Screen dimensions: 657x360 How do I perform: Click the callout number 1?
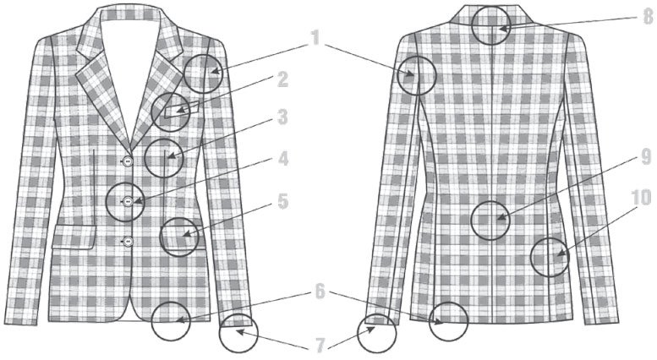[315, 39]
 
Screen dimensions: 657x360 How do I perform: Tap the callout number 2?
[283, 79]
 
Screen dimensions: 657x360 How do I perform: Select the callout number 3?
[283, 117]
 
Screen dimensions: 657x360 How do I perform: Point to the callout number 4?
[283, 159]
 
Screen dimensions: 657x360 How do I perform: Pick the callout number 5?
[283, 201]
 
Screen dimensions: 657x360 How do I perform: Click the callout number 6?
[320, 292]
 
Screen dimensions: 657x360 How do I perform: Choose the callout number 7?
[320, 346]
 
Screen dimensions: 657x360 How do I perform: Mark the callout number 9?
[646, 157]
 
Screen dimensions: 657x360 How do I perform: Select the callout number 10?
[642, 197]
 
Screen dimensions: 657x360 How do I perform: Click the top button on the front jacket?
[128, 161]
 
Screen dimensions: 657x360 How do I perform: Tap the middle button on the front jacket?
[128, 202]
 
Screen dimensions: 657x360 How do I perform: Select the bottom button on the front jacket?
[128, 242]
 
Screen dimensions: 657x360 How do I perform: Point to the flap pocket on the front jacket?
[74, 237]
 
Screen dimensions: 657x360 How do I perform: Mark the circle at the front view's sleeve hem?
[220, 334]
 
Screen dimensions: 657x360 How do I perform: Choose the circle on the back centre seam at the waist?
[470, 221]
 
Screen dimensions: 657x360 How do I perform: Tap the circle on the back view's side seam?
[531, 258]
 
